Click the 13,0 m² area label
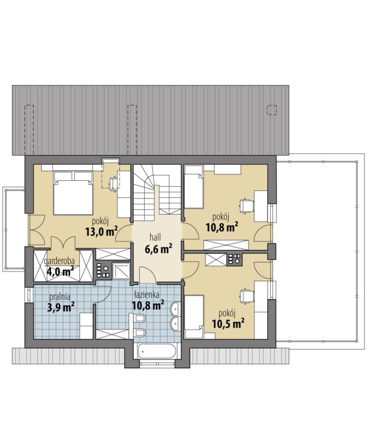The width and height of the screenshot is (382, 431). (x=102, y=232)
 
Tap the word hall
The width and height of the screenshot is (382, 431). (x=155, y=237)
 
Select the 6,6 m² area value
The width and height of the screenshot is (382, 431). (x=158, y=249)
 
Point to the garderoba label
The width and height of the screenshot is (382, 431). (x=59, y=261)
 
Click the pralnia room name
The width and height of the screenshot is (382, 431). (x=60, y=297)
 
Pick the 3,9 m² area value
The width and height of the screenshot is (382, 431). (x=61, y=307)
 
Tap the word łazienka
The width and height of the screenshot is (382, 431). (x=147, y=295)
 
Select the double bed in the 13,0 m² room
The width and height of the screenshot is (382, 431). (x=73, y=193)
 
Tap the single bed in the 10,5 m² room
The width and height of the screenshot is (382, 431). (x=194, y=317)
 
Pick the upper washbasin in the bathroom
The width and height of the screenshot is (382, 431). (x=176, y=309)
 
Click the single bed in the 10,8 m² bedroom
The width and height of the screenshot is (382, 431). (x=194, y=186)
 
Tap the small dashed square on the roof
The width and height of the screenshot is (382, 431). (x=272, y=110)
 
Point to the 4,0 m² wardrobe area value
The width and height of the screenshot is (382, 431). (x=60, y=271)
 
